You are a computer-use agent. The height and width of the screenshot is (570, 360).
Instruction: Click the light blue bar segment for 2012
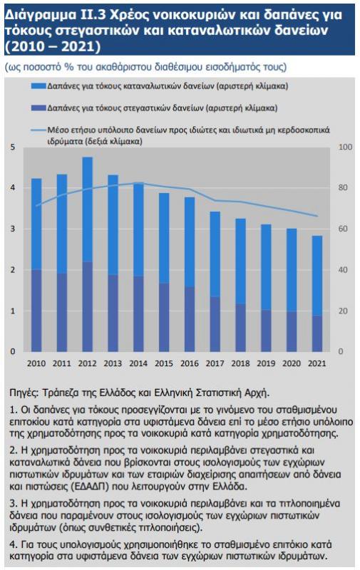coord(87,209)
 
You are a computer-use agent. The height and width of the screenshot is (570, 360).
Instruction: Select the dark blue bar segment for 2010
coord(36,311)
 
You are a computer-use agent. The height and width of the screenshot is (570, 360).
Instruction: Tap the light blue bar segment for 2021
coord(317,276)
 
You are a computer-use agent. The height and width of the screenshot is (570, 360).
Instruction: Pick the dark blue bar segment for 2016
coord(190,319)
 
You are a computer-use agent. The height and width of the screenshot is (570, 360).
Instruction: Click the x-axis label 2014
coord(138,363)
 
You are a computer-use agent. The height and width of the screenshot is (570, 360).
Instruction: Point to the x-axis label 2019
coord(266,363)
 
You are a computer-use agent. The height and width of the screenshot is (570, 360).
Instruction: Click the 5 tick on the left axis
coord(13,147)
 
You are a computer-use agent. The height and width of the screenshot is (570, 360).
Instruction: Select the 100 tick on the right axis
coord(346,147)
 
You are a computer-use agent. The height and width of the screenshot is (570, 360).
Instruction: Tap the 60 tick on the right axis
coord(344,229)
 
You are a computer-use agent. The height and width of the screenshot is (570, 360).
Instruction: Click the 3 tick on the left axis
coord(13,229)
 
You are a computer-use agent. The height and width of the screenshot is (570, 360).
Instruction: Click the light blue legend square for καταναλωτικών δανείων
coord(38,86)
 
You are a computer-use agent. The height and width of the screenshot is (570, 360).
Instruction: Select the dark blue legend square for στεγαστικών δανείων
coord(38,108)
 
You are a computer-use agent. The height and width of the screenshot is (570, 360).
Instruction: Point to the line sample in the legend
coord(38,130)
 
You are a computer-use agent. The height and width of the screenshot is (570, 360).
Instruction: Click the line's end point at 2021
coord(317,216)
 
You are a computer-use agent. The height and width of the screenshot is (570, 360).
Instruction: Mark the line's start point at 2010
coord(36,205)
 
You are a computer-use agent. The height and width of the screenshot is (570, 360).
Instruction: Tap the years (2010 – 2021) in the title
coord(53,46)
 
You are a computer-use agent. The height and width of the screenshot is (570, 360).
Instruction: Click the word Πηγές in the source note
coord(24,393)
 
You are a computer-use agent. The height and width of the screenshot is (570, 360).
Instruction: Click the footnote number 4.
coord(14,544)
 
